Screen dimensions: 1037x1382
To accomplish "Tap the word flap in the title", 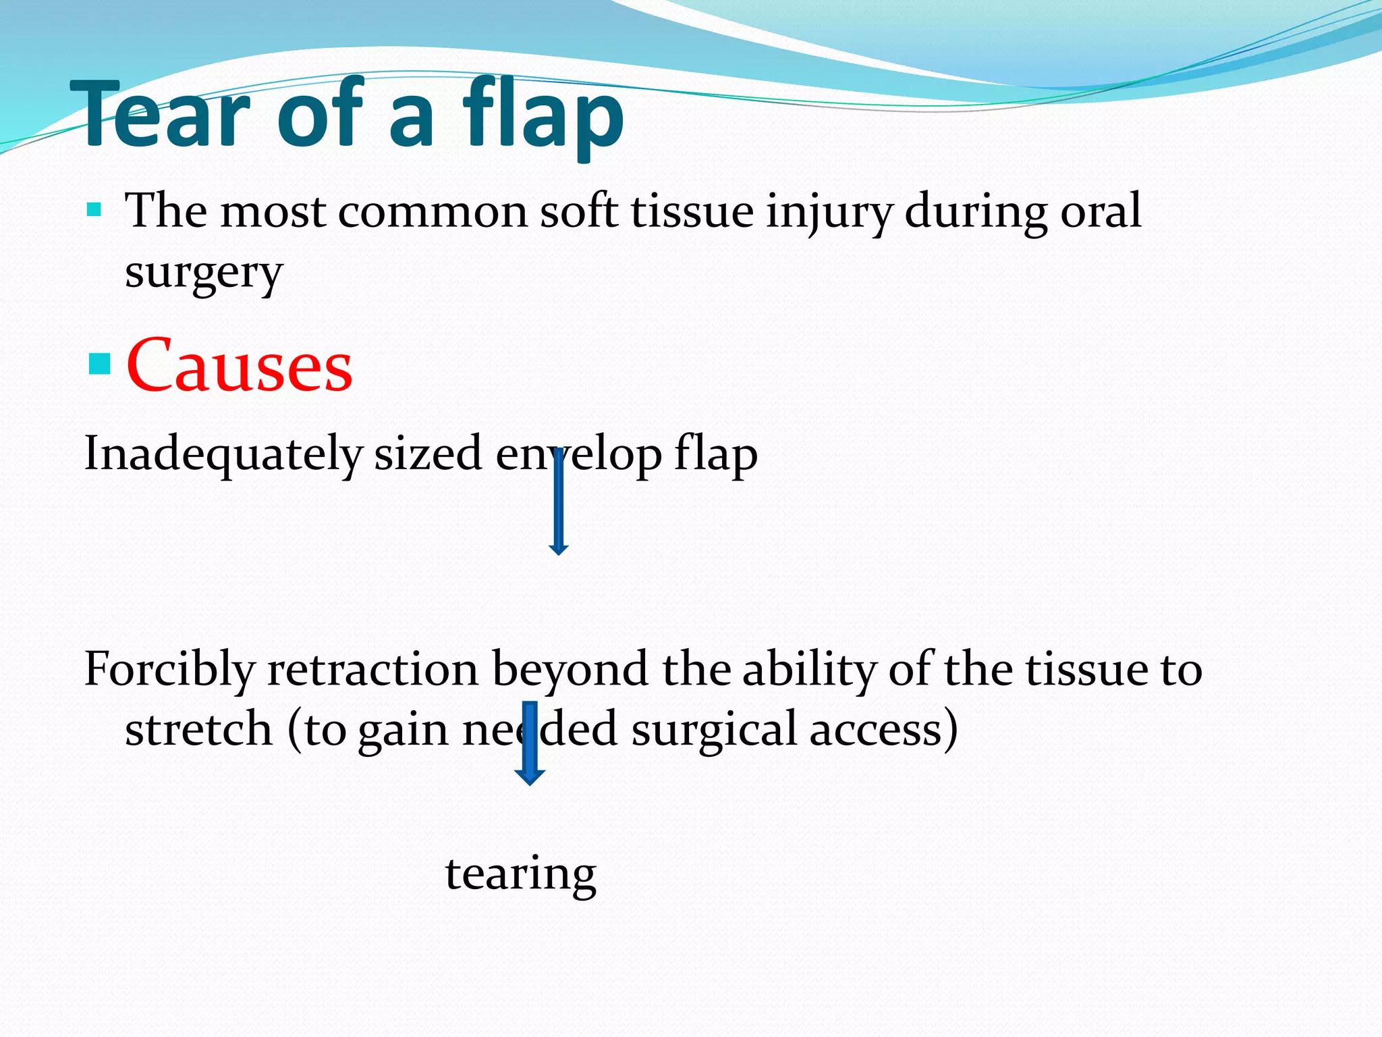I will pos(543,115).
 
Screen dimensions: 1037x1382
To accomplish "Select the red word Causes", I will pos(239,367).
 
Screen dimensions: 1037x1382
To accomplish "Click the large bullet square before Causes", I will pos(99,365).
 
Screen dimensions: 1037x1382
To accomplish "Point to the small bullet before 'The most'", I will pos(94,209).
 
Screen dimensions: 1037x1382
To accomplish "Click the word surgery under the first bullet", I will pos(203,273).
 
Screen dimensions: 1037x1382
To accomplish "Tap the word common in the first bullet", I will pos(432,212).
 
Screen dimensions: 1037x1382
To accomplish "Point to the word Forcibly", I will pos(169,670).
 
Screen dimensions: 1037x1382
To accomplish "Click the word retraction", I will pos(372,670).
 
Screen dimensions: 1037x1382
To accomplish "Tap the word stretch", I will pos(198,730).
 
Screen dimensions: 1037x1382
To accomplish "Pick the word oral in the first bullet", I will pos(1100,211).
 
